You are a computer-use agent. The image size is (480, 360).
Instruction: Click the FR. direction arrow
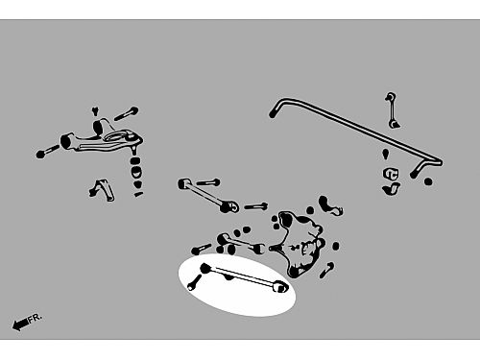click(20, 324)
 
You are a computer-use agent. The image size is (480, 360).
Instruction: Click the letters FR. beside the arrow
click(35, 318)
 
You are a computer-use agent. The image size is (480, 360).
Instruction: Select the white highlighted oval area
click(237, 285)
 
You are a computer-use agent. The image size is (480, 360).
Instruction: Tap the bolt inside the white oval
click(194, 283)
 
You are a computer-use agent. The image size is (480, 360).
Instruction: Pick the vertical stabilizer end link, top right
click(392, 110)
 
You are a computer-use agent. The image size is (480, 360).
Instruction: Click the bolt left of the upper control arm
click(47, 151)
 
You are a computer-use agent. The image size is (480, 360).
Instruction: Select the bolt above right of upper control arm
click(127, 113)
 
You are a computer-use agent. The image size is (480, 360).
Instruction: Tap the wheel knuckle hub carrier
click(300, 243)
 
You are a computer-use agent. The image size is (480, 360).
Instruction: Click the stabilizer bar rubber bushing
click(391, 173)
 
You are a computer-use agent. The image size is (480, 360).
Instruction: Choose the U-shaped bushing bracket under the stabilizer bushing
click(391, 189)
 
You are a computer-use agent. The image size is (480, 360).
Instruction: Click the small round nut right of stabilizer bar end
click(428, 181)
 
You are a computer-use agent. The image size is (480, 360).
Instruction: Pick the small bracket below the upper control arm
click(102, 190)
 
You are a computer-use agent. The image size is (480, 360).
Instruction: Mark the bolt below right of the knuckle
click(326, 270)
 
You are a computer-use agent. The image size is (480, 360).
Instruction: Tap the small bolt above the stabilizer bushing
click(386, 154)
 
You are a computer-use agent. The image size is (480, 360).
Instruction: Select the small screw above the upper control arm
click(95, 111)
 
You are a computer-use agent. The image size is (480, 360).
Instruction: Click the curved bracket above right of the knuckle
click(330, 205)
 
